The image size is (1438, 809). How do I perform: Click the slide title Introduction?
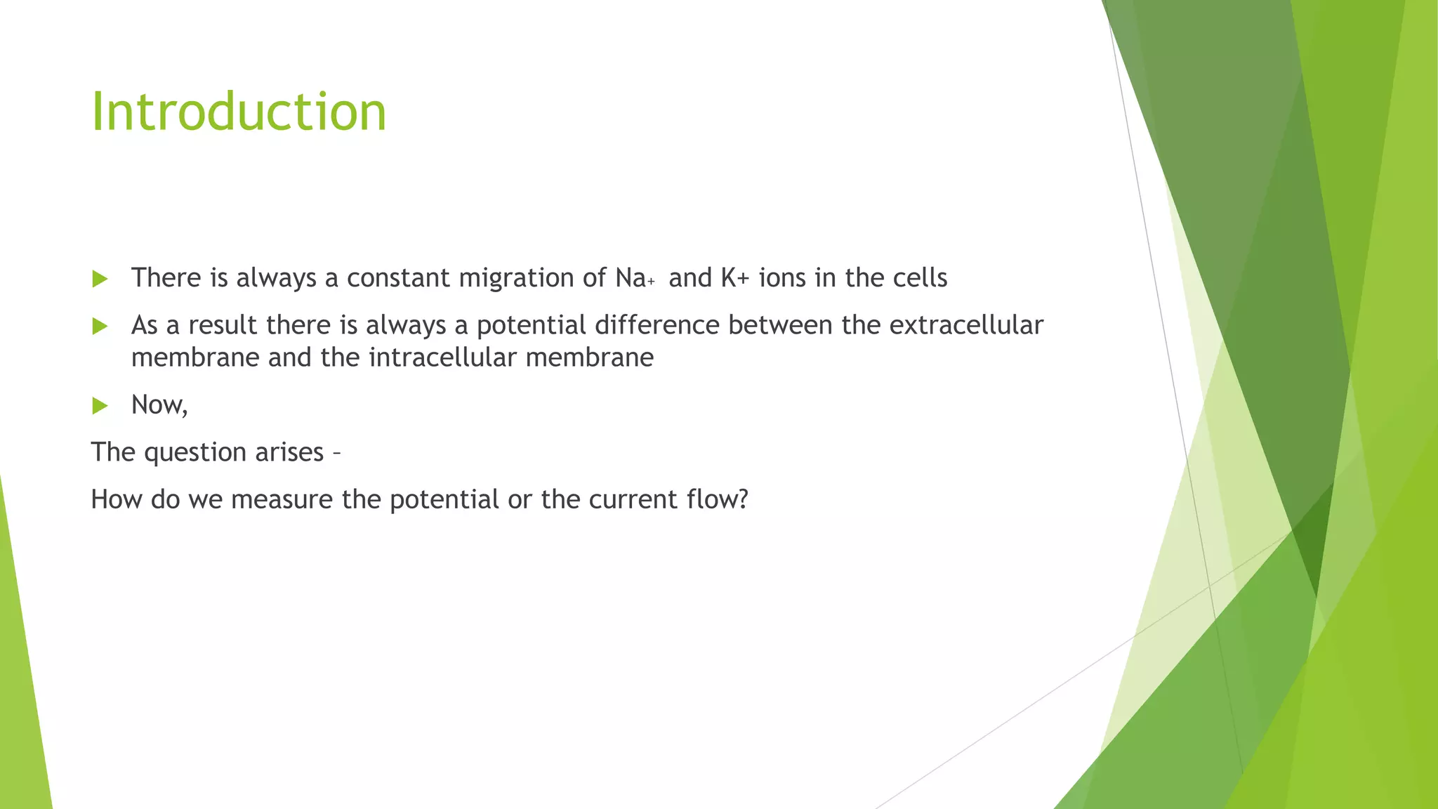point(239,112)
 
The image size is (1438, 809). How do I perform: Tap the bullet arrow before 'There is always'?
point(100,279)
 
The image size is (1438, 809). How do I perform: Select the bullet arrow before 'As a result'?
point(100,326)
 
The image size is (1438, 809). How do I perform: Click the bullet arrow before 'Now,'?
point(100,405)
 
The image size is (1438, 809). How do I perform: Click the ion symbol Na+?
point(634,279)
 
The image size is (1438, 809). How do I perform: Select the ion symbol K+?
point(734,278)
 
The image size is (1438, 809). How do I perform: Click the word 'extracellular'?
point(966,325)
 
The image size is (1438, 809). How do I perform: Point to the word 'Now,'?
point(159,405)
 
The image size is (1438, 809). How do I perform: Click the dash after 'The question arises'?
point(336,454)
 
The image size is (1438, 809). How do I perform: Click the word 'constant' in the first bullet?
point(398,278)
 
